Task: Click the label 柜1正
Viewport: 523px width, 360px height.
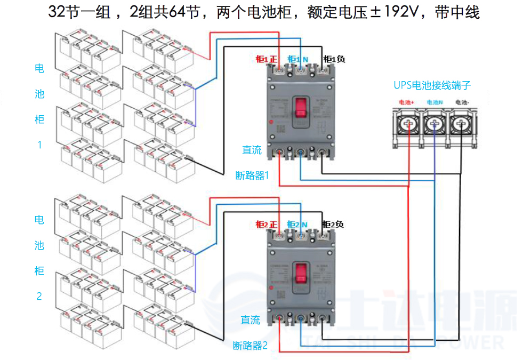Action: click(266, 59)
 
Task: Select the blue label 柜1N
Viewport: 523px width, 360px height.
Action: click(297, 59)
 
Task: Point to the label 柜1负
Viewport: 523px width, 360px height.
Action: click(334, 59)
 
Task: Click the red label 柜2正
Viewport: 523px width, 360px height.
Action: click(266, 225)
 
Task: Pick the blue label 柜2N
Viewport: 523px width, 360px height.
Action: click(297, 225)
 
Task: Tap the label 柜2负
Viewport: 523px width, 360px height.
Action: click(333, 225)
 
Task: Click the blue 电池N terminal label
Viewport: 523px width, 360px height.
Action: click(435, 102)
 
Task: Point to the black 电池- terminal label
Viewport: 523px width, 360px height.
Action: click(462, 102)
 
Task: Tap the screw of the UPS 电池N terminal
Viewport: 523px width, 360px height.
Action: click(435, 125)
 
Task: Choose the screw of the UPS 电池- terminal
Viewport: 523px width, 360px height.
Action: click(461, 125)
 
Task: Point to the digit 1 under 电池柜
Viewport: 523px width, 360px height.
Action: click(39, 145)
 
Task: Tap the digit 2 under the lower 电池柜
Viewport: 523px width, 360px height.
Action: click(39, 296)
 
